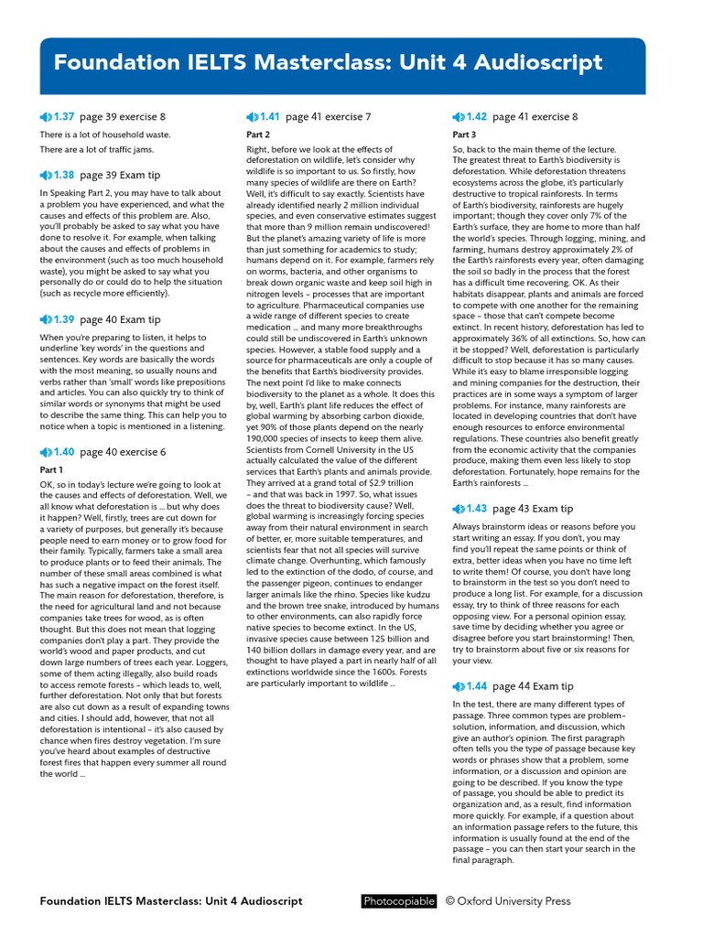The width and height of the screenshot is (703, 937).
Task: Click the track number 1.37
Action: click(63, 117)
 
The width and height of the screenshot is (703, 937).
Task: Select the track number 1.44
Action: click(476, 686)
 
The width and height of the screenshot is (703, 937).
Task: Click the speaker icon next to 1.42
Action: click(459, 117)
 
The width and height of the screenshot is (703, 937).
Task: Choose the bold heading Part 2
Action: click(258, 135)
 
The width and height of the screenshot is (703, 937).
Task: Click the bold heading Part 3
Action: click(464, 135)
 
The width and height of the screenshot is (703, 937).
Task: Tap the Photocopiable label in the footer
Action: click(398, 901)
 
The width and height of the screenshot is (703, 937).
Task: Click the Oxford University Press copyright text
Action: click(508, 901)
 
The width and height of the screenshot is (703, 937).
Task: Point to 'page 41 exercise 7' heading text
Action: click(328, 117)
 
